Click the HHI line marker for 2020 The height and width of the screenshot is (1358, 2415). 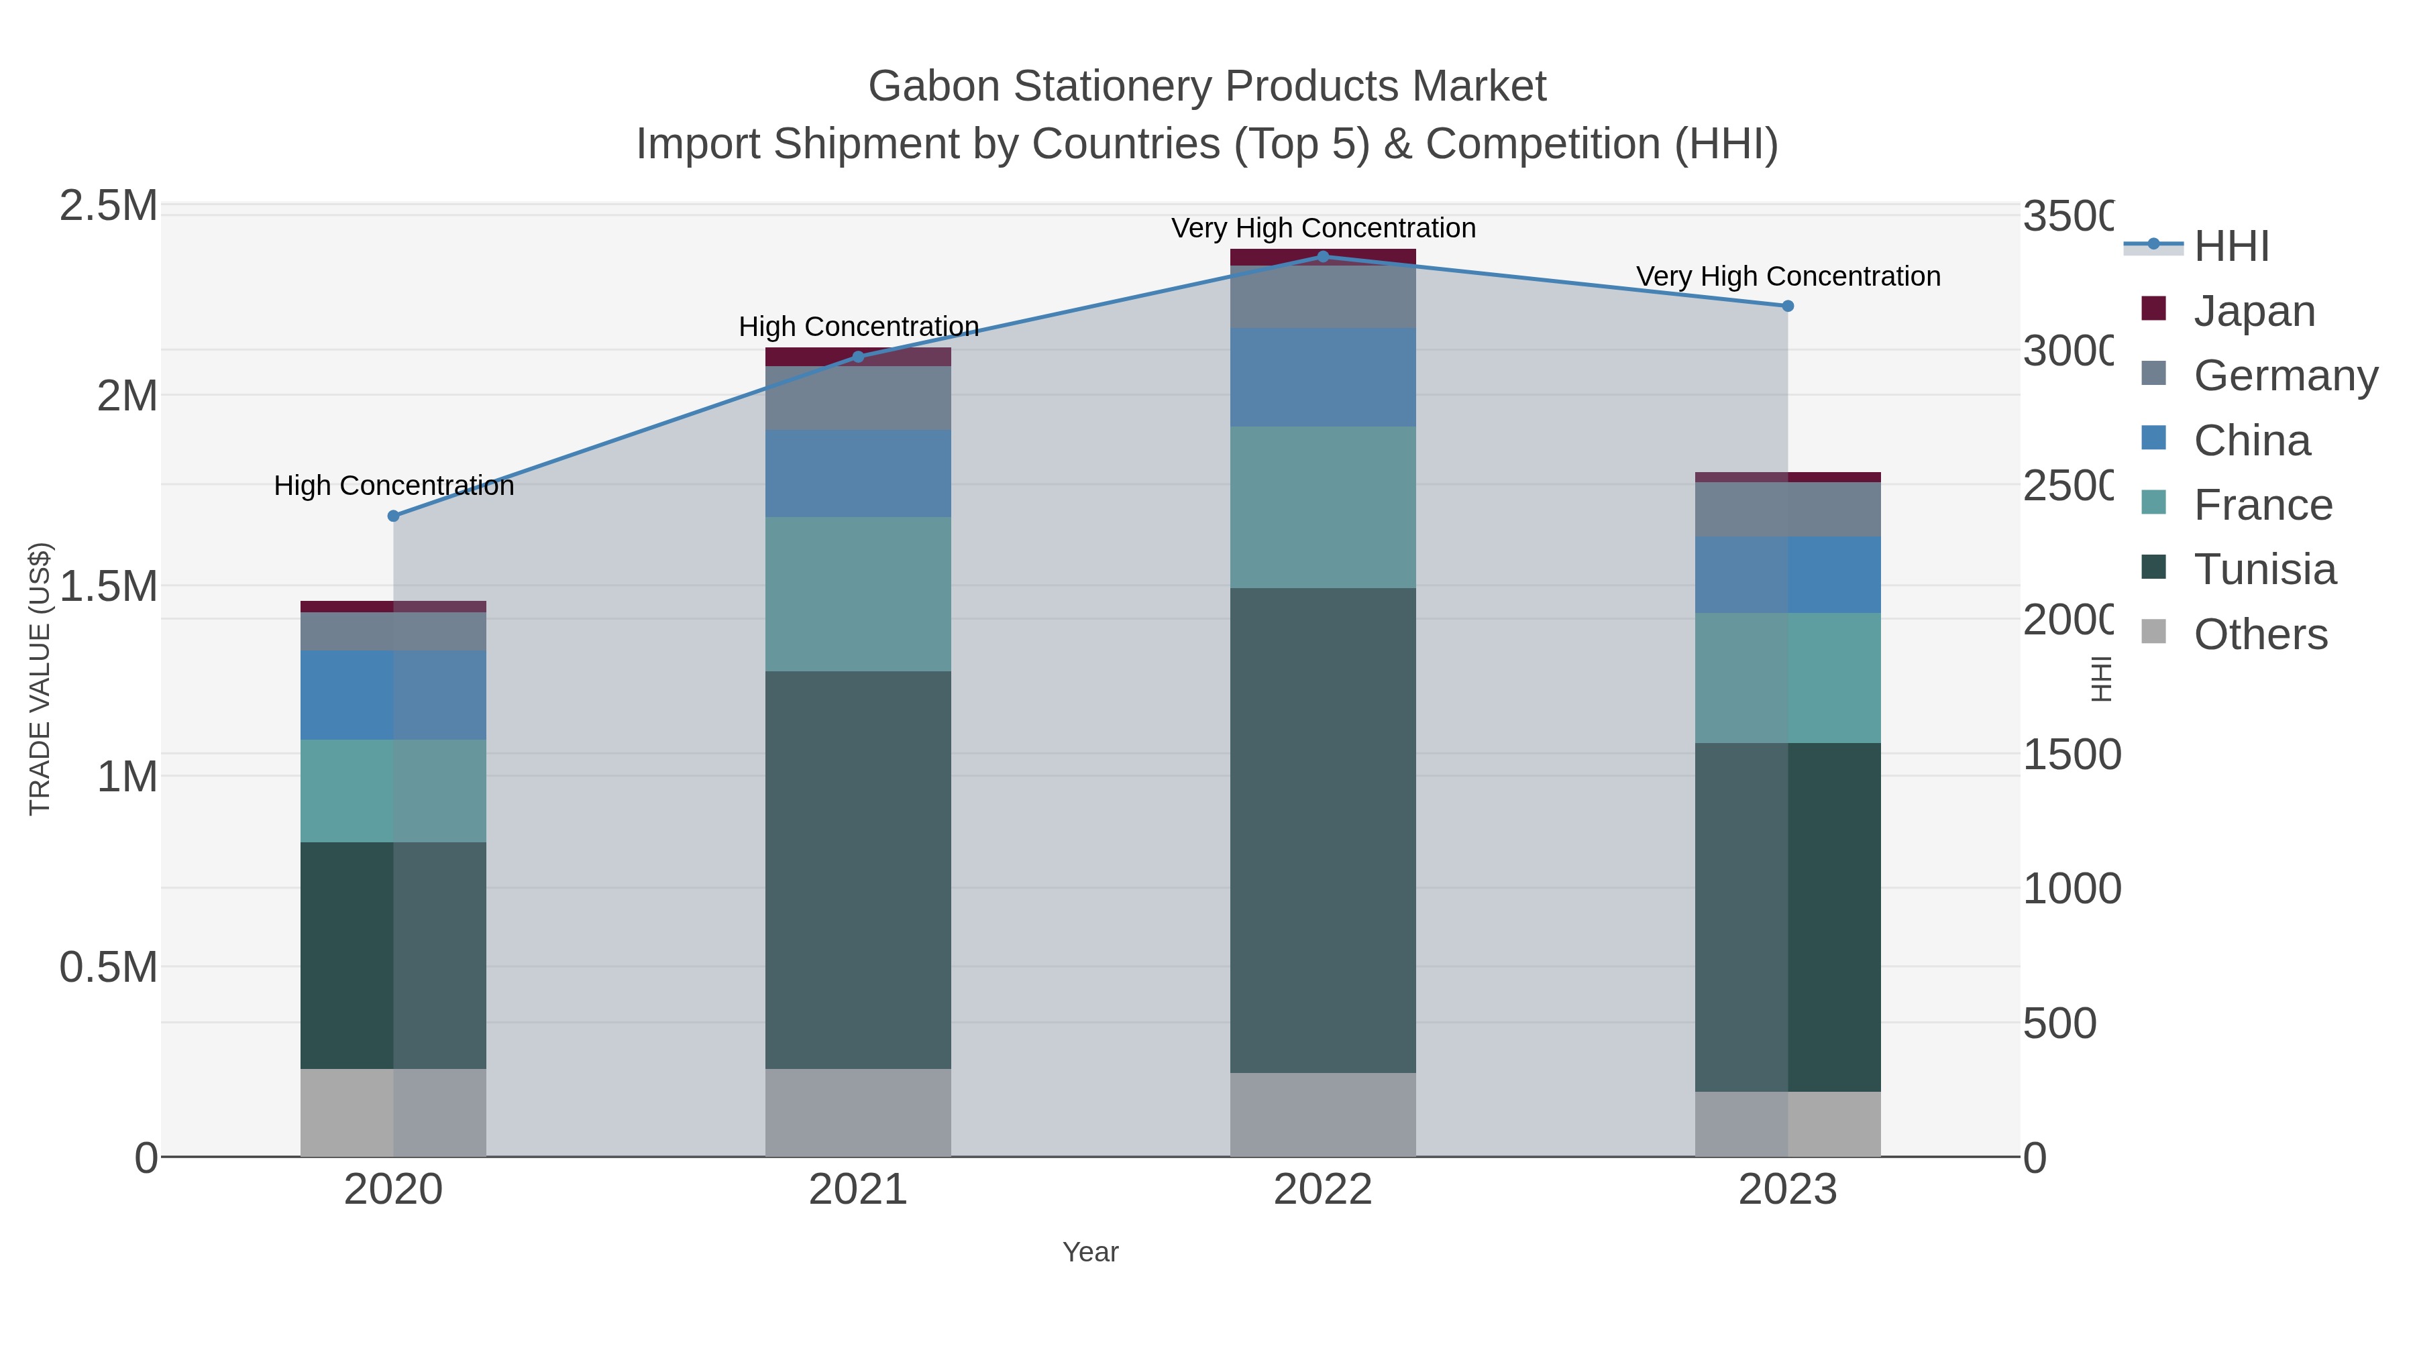pos(393,516)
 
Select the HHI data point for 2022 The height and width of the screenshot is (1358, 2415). pos(1323,256)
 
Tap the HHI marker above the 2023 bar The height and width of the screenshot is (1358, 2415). pos(1787,306)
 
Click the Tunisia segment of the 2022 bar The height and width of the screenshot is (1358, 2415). pos(1323,830)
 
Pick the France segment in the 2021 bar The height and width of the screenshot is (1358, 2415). pos(858,593)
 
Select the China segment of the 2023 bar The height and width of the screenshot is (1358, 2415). pos(1787,575)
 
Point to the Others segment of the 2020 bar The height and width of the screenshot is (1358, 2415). pos(393,1113)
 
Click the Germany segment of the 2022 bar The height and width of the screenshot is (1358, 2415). pos(1323,297)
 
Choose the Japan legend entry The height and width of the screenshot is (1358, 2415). pos(2254,310)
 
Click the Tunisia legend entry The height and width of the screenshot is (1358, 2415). pos(2264,569)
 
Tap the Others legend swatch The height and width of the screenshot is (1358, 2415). pos(2154,632)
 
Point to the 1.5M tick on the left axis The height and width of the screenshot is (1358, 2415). pos(109,585)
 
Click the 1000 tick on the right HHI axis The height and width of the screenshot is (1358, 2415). pos(2071,889)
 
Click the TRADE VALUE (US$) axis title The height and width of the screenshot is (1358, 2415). pos(40,679)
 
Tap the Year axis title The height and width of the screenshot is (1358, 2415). pos(1090,1252)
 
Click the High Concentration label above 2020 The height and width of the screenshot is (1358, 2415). pos(394,486)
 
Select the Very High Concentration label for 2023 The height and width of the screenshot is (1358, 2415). pos(1788,276)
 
